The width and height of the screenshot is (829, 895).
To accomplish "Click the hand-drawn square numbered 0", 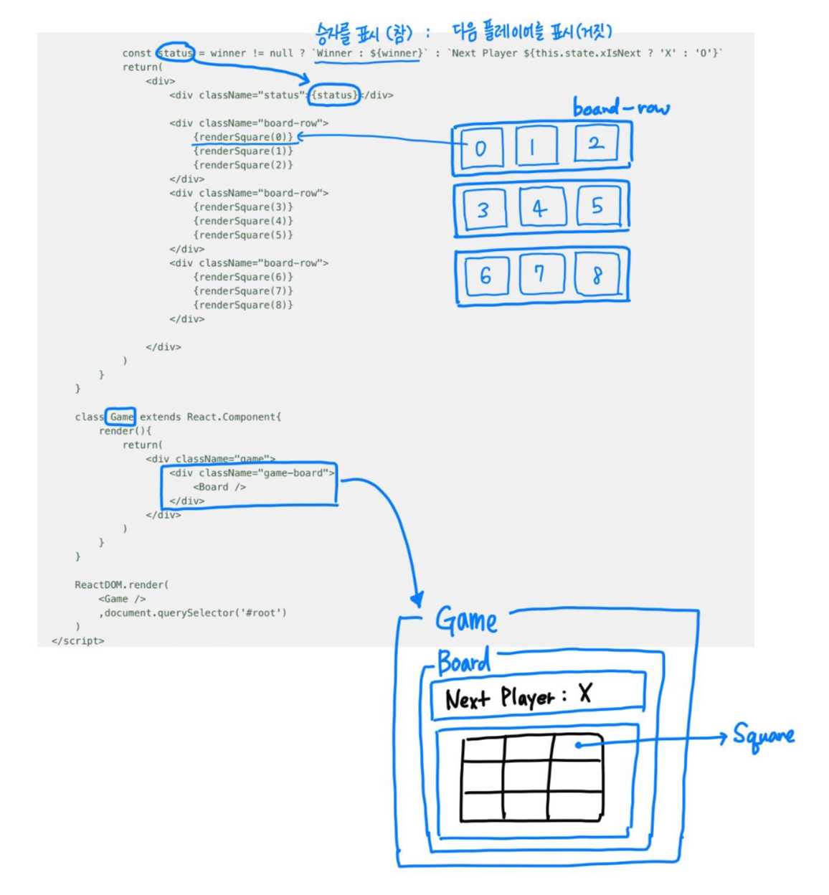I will coord(480,148).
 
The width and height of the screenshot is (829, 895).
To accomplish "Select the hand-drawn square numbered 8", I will coord(597,275).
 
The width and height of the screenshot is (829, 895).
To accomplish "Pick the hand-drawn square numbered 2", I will coord(596,143).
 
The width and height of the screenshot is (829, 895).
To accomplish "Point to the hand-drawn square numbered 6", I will coord(486,276).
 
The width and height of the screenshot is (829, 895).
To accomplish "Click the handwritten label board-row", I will coord(620,108).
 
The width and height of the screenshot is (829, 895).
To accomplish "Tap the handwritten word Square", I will coord(763,736).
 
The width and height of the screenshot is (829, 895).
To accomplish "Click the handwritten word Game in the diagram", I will coord(466,620).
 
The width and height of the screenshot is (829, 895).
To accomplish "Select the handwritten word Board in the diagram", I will coord(464,662).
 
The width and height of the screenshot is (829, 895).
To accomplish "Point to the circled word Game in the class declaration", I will coord(121,417).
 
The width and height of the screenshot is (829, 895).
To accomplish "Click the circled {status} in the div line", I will coord(334,95).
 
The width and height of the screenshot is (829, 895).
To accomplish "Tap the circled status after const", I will coord(175,52).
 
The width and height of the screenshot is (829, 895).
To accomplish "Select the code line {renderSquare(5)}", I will coord(243,235).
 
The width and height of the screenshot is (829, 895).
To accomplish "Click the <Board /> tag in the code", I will coord(219,487).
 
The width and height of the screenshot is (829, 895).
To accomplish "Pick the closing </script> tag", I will coord(78,640).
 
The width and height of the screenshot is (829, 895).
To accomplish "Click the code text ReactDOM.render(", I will coord(121,584).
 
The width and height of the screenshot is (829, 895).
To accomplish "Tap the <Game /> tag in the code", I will coord(122,599).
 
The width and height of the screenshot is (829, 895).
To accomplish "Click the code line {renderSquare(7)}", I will coord(243,290).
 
